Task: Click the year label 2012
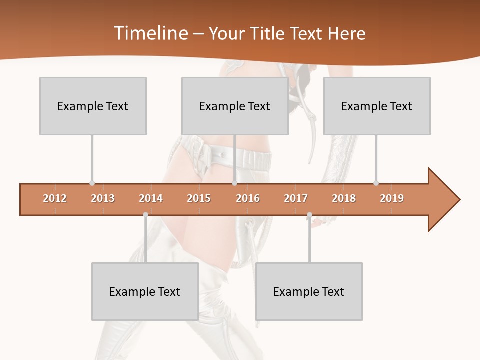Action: click(x=55, y=198)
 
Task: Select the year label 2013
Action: click(x=103, y=198)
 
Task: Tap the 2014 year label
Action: click(x=151, y=198)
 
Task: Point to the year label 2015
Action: click(x=199, y=198)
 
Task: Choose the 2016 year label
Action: click(x=248, y=198)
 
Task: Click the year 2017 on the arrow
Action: click(x=296, y=198)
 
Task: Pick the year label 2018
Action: click(x=344, y=198)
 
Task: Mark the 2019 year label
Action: click(x=392, y=198)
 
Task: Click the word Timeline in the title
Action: click(x=149, y=33)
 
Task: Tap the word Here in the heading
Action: click(x=346, y=33)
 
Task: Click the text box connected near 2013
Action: click(x=93, y=106)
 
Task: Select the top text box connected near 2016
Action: click(x=235, y=106)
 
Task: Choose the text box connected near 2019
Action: click(x=377, y=106)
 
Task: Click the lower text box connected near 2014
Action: click(x=145, y=291)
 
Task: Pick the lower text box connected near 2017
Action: click(x=309, y=291)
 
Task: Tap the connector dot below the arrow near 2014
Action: click(x=145, y=215)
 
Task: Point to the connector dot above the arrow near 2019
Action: click(x=376, y=183)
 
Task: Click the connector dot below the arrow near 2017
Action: click(x=309, y=215)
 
